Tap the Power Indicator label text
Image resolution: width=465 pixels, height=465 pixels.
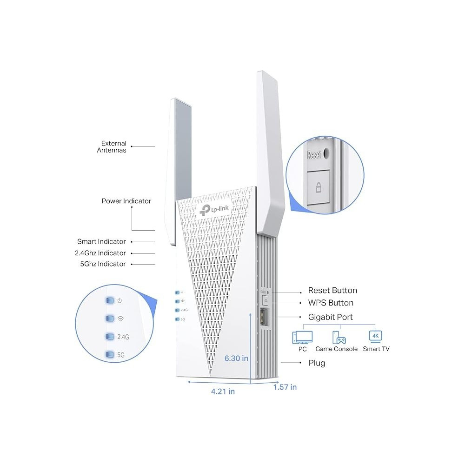[x=126, y=201]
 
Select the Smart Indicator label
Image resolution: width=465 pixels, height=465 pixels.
[x=101, y=242]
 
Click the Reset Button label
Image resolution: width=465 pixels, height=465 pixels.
[x=332, y=291]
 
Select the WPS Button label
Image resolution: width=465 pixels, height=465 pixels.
[x=331, y=303]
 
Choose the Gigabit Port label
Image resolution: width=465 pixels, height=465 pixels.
[x=331, y=317]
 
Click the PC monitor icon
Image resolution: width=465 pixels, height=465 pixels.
[x=302, y=337]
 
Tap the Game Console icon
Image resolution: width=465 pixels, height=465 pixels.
[x=336, y=337]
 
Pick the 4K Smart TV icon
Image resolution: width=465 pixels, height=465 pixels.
[x=375, y=336]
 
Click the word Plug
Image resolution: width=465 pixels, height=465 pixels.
[x=317, y=363]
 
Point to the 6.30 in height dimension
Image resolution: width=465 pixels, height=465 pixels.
[x=236, y=358]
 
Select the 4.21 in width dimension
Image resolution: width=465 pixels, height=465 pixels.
[x=223, y=391]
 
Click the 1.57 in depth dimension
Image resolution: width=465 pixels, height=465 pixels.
[x=285, y=387]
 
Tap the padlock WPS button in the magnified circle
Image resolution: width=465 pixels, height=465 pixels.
[x=319, y=187]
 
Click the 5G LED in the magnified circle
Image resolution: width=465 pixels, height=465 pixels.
[x=110, y=355]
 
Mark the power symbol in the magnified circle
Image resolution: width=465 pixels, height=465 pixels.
[x=120, y=300]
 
